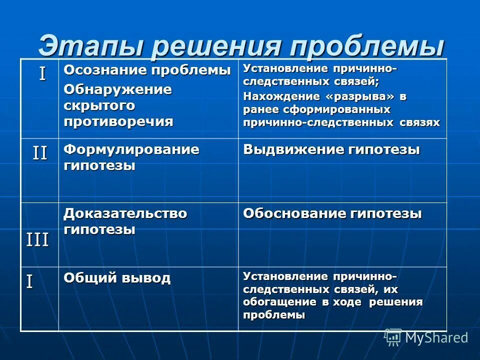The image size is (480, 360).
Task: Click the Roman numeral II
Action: [x=40, y=152]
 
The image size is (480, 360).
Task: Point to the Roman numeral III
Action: [x=37, y=240]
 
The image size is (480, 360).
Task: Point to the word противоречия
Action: [x=118, y=121]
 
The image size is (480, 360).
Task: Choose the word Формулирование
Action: [x=131, y=149]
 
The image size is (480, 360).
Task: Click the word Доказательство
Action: [x=125, y=213]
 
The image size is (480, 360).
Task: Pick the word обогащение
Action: [x=272, y=302]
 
